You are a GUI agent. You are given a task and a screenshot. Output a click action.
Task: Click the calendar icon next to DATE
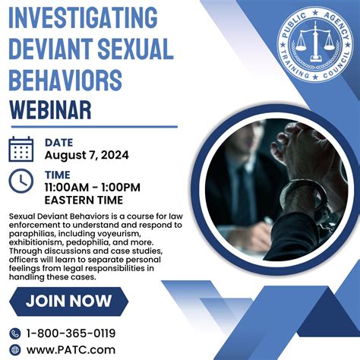(21, 148)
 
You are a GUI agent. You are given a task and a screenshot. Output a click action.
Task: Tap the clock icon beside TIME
(21, 181)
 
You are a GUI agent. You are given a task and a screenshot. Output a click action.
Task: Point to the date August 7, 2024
(87, 155)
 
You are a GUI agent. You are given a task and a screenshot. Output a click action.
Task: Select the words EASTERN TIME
(84, 200)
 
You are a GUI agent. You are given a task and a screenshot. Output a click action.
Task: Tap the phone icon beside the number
(15, 333)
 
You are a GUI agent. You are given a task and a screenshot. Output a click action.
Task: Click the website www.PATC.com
(72, 349)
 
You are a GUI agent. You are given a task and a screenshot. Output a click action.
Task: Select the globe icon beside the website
(15, 349)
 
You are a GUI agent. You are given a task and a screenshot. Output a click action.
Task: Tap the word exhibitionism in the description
(40, 245)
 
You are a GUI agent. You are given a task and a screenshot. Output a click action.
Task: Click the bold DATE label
(59, 141)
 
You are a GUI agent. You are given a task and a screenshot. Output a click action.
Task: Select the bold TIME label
(58, 175)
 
